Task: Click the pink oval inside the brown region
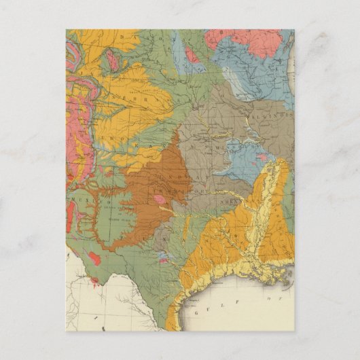[159, 200]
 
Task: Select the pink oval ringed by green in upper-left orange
[111, 60]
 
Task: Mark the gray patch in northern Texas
[163, 238]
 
